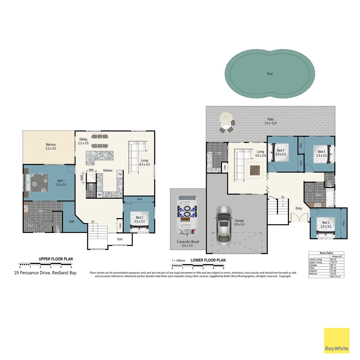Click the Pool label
pos(270,74)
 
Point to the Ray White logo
pos(337,340)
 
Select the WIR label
pos(72,221)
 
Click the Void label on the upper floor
pos(120,239)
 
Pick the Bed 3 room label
pos(326,224)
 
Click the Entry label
pos(299,209)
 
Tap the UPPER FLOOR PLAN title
pos(56,259)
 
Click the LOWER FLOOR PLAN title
pos(208,260)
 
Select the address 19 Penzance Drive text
pos(45,273)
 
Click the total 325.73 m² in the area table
pos(335,276)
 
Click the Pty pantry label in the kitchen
pos(120,174)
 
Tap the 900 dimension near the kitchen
pos(91,170)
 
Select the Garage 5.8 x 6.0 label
pos(239,223)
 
